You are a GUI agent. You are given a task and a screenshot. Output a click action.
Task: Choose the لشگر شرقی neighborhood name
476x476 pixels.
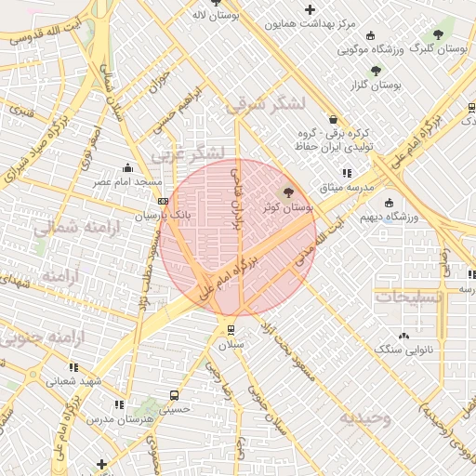tap(263, 106)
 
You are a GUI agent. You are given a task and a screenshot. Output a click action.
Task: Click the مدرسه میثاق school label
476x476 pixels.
tap(347, 188)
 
